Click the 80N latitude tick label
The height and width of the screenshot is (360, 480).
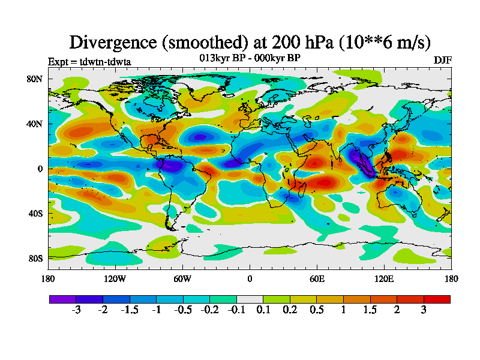[x=35, y=79]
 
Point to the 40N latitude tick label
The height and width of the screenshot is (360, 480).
[x=35, y=124]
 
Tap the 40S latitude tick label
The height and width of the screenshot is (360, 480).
[x=35, y=214]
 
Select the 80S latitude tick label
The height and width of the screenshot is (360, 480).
[x=35, y=259]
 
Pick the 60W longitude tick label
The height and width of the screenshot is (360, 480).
[x=182, y=278]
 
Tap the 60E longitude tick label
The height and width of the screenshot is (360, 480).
[x=317, y=278]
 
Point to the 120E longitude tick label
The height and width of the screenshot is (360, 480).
[x=384, y=278]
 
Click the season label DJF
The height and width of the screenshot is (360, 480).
[x=442, y=61]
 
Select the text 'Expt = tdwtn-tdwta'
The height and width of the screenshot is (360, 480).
[x=89, y=62]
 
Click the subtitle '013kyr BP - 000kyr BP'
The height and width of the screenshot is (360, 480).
[x=250, y=58]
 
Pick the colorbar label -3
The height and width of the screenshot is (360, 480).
[x=76, y=310]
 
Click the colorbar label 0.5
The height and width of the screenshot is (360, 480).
[x=317, y=310]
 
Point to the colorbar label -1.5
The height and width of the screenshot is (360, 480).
[x=129, y=310]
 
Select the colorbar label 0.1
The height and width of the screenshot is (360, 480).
[x=263, y=310]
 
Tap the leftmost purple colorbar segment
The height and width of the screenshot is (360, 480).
[x=62, y=299]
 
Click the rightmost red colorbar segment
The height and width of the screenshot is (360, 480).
[x=437, y=299]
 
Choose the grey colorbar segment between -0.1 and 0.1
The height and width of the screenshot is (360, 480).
[x=250, y=299]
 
